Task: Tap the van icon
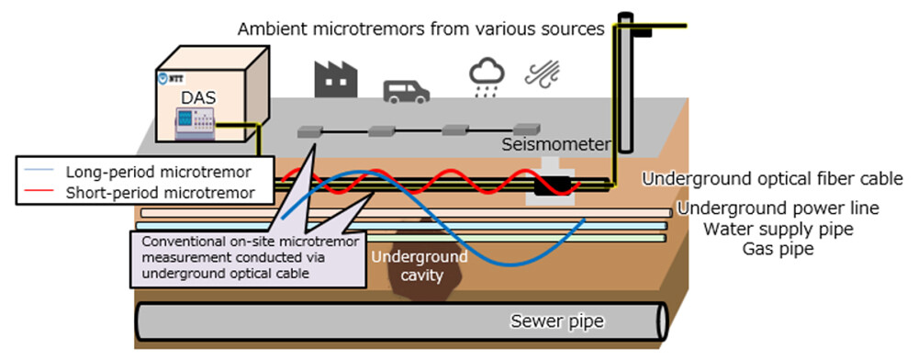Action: [x=405, y=89]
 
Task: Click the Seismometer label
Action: [x=555, y=145]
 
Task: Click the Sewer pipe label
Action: [x=550, y=322]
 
